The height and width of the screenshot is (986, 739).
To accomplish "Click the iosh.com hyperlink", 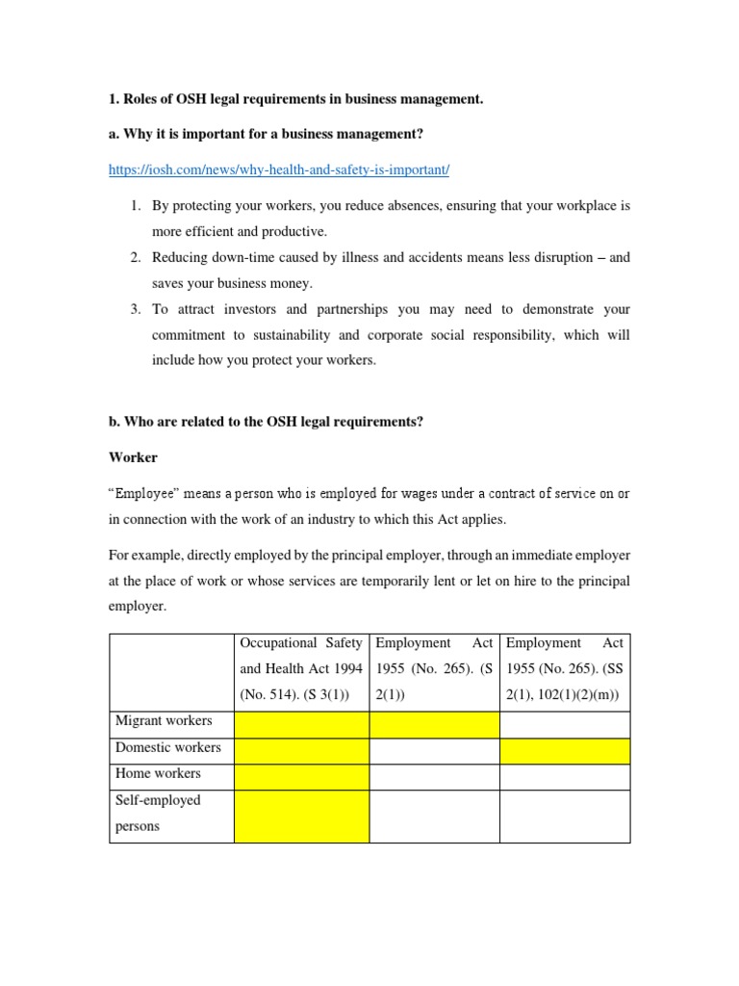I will (279, 169).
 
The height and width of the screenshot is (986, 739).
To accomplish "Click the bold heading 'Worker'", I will (133, 456).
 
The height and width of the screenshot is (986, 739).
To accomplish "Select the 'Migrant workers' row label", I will (164, 721).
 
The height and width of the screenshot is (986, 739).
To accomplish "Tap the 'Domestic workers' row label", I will (168, 747).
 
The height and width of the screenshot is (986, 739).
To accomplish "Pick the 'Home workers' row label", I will (159, 773).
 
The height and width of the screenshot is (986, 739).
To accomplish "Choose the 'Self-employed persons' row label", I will (159, 813).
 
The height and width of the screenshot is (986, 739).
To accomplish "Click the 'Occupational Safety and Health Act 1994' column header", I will (301, 668).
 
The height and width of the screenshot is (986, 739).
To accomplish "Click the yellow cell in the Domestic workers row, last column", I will (565, 751).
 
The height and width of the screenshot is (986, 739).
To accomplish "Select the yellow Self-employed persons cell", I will (301, 817).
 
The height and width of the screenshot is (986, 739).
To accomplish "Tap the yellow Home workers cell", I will (301, 777).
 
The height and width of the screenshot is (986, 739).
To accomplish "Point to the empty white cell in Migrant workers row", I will (565, 724).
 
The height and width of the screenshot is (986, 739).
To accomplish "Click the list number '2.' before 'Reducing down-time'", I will (136, 257).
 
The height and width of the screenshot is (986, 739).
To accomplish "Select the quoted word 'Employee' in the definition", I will (147, 493).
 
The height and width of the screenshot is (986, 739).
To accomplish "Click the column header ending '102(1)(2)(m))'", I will (565, 668).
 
